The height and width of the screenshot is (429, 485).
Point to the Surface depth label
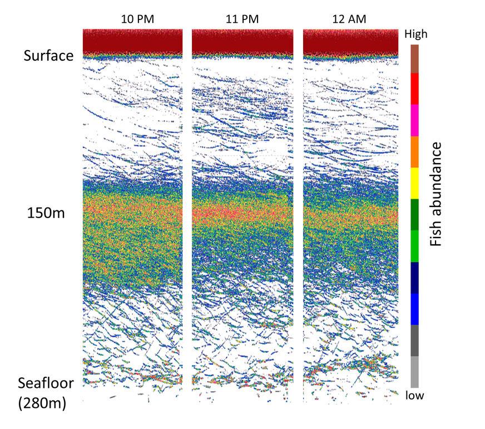[48, 56]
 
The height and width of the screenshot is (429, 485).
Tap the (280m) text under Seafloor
[42, 403]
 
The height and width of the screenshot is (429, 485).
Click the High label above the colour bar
[415, 34]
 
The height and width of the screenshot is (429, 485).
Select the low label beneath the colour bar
[415, 396]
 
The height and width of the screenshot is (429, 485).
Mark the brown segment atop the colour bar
[414, 58]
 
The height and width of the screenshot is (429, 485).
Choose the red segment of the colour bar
[414, 88]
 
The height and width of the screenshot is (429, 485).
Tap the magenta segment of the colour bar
[414, 120]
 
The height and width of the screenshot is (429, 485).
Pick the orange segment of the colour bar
[414, 152]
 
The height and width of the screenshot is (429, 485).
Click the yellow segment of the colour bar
[414, 183]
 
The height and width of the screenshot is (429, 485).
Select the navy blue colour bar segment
[414, 278]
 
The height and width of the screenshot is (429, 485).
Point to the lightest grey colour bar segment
[414, 372]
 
